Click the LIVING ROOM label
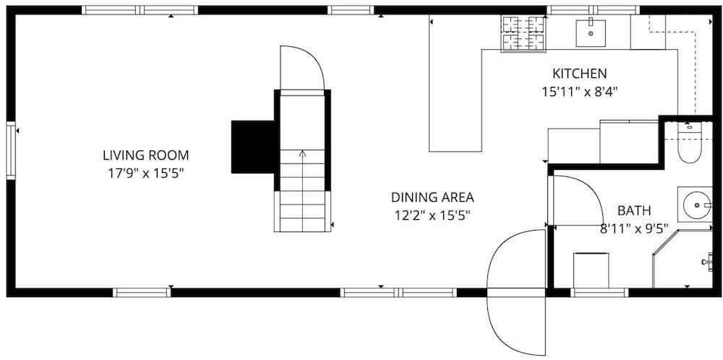coord(146,155)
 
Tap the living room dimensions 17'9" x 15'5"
coord(146,173)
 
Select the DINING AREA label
coord(432,197)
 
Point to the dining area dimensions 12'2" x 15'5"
coord(432,215)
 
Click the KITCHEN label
coord(580,73)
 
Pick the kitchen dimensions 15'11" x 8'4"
coord(580,92)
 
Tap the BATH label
coord(635,210)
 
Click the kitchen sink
coord(591,33)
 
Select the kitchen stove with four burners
coord(523,33)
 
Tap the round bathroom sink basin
coord(695,204)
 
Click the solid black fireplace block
coord(253,147)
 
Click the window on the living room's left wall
coord(11,150)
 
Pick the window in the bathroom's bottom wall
coord(599,292)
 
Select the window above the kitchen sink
coord(594,10)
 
